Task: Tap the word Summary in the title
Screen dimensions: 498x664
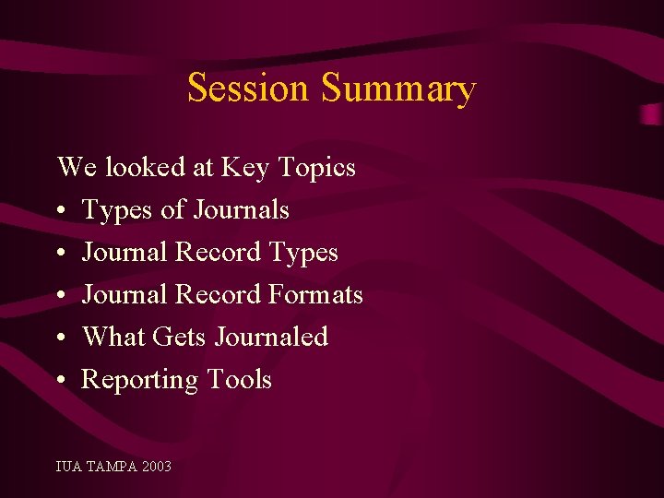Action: click(398, 89)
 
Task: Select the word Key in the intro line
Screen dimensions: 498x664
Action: click(244, 168)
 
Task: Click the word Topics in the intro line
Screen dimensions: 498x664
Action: click(316, 168)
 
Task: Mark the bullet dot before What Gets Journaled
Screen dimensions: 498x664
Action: click(61, 338)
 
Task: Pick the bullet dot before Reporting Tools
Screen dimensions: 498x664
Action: click(61, 381)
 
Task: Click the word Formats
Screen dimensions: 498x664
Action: click(315, 295)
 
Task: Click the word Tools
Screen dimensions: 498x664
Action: click(239, 379)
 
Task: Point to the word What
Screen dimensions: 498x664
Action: click(113, 337)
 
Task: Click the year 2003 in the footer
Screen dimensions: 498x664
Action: click(157, 467)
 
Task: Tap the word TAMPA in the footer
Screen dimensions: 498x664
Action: click(110, 467)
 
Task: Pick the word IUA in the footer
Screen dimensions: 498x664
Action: click(68, 467)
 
